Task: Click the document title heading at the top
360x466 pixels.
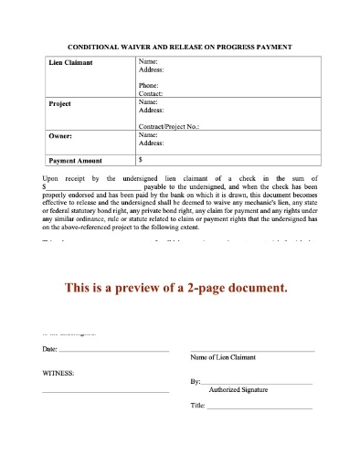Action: click(x=179, y=44)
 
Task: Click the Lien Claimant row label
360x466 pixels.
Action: click(x=70, y=63)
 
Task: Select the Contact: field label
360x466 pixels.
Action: click(x=151, y=93)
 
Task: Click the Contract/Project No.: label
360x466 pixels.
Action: click(x=168, y=126)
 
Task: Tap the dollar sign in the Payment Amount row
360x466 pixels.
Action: click(x=140, y=158)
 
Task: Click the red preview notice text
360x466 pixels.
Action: click(x=179, y=287)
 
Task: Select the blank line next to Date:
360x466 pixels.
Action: click(x=114, y=351)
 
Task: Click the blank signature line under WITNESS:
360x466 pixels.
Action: click(x=105, y=391)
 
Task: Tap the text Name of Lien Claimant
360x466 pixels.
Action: click(x=222, y=357)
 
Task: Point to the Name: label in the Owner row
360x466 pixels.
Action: click(x=148, y=134)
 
